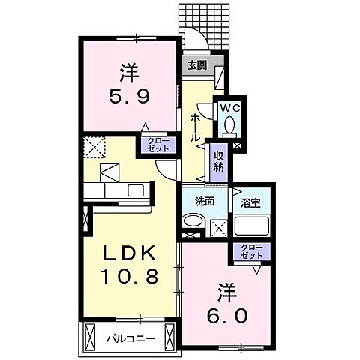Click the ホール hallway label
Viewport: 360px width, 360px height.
(x=195, y=128)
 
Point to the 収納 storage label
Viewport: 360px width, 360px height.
(x=218, y=160)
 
